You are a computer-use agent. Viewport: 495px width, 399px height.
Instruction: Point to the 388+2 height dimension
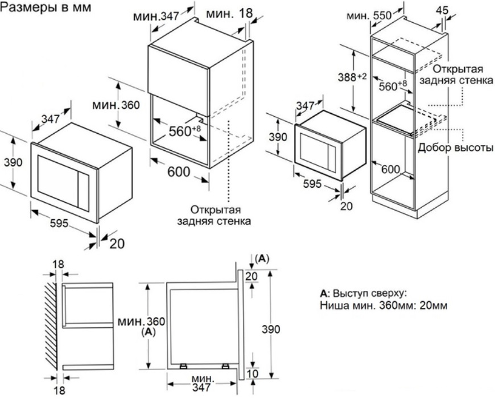(364, 77)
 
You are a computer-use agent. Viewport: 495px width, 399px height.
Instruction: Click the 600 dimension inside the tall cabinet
(391, 169)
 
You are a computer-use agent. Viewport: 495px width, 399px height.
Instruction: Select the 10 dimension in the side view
(252, 373)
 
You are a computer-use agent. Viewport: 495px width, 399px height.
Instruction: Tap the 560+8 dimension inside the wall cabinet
(185, 131)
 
